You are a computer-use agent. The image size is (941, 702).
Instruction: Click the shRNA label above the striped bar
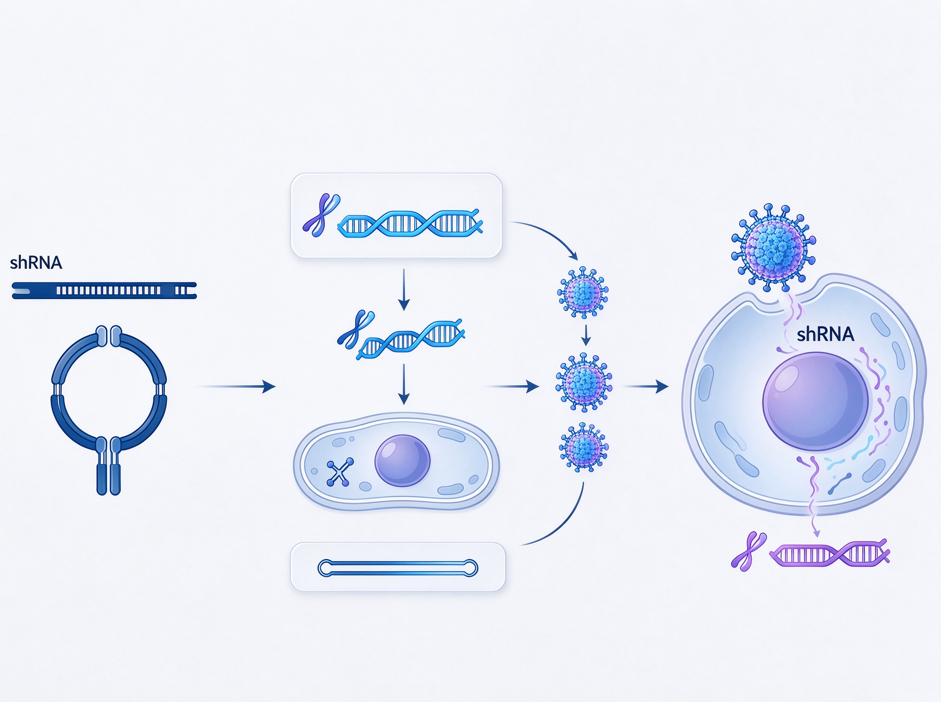pos(36,263)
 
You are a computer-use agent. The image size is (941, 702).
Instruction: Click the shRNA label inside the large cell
pos(825,334)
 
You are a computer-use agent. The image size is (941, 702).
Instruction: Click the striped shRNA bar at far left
pos(104,290)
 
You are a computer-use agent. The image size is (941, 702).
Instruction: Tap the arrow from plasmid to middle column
pos(237,386)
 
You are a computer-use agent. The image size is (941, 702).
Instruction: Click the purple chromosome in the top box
pos(321,215)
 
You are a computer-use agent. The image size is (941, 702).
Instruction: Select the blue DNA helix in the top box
pos(410,223)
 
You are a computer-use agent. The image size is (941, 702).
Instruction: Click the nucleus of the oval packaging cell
pos(402,461)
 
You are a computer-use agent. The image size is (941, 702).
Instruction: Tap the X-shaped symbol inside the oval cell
pos(340,472)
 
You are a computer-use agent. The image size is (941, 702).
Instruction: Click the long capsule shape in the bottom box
pos(398,568)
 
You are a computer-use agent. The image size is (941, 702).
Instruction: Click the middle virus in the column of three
pos(584,383)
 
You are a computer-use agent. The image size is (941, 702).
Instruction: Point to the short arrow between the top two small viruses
pos(586,335)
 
